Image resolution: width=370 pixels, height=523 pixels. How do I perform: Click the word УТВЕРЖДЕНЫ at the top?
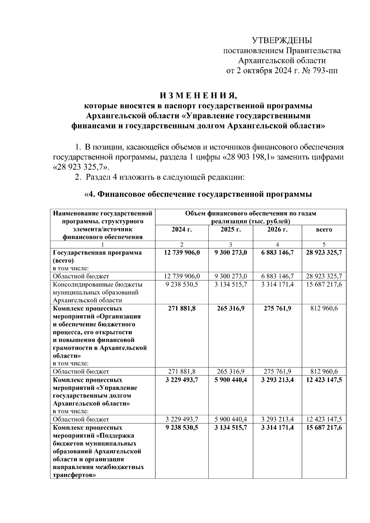[282, 40]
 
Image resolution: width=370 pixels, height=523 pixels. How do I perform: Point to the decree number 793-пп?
[325, 71]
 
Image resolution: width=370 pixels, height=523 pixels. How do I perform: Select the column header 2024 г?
[182, 230]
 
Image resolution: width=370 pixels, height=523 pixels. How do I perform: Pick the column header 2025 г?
[231, 230]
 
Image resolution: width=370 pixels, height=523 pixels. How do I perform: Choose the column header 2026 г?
[277, 230]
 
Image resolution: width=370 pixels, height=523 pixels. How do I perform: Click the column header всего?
[324, 230]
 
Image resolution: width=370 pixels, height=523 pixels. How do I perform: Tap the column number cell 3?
[231, 245]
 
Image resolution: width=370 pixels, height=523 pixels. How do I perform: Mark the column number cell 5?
[324, 245]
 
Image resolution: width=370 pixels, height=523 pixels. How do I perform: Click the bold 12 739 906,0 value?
[182, 253]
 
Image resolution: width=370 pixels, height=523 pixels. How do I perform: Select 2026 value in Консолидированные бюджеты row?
[277, 284]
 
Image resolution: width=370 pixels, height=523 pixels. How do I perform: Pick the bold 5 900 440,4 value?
[231, 380]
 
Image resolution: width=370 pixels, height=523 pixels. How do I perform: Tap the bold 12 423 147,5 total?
[324, 380]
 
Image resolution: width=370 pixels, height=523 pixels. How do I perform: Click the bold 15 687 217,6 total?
[324, 428]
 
